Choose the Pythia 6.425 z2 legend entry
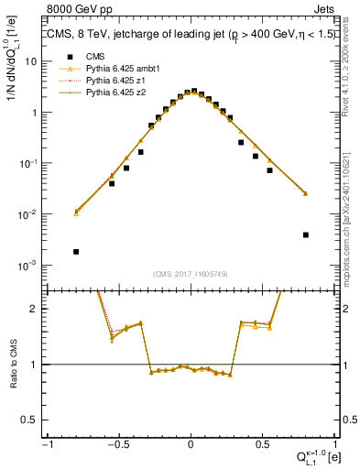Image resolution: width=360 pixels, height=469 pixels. point(99,93)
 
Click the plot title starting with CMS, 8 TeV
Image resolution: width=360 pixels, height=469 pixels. point(182,36)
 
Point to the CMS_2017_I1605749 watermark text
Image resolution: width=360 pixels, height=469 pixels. point(190,274)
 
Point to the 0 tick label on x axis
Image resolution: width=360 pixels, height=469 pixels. point(191,444)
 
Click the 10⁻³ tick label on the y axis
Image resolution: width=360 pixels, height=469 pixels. point(30,266)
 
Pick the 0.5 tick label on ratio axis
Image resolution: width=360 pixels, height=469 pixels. point(32,420)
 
